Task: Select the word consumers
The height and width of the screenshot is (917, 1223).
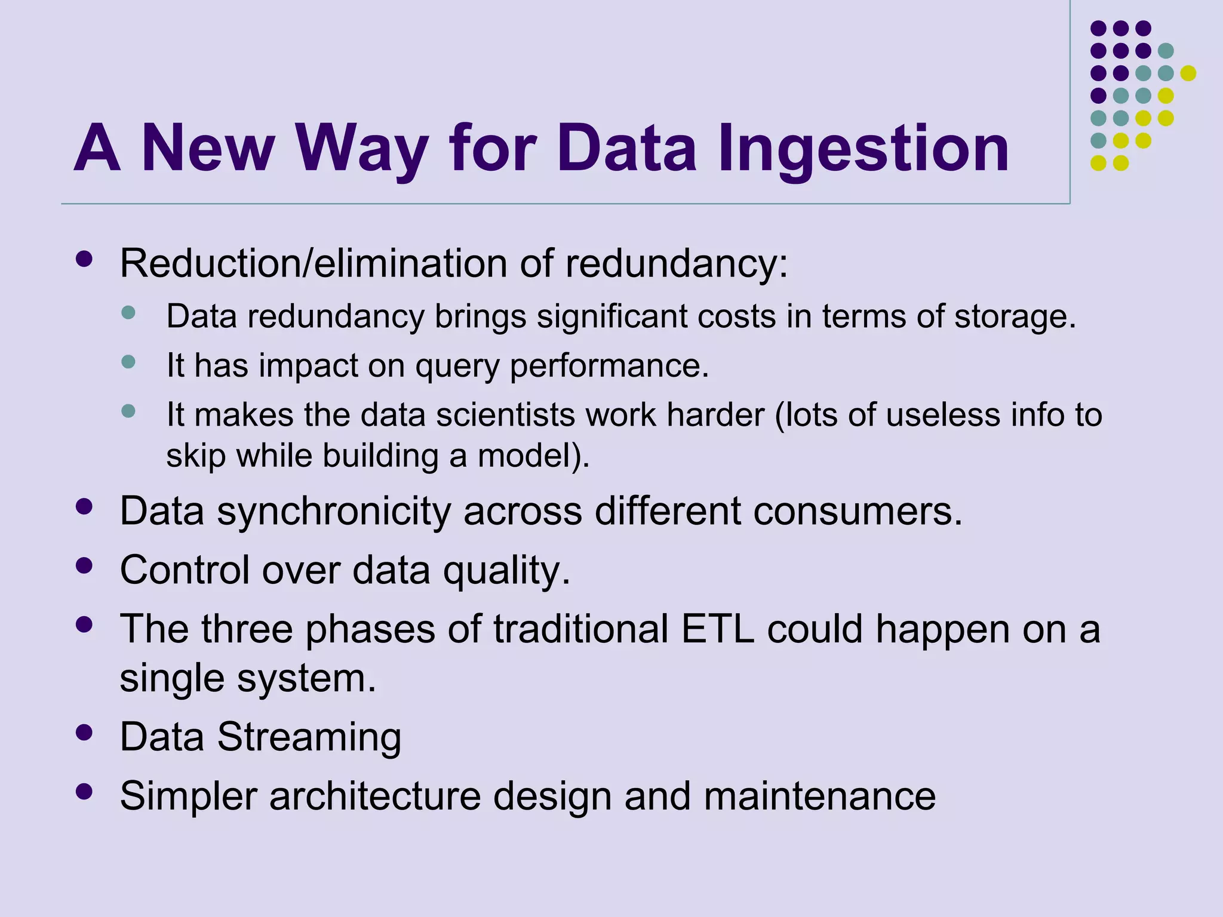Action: (x=858, y=512)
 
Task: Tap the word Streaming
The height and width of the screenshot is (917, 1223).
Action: (x=309, y=737)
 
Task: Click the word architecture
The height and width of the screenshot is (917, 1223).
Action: (x=375, y=796)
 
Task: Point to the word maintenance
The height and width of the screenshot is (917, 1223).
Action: (x=819, y=796)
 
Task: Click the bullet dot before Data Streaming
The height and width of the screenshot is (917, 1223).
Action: (x=84, y=732)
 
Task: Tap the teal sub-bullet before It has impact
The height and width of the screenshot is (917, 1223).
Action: (x=128, y=361)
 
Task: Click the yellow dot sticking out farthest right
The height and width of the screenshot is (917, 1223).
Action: (x=1188, y=73)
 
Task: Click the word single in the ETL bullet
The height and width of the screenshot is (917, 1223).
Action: (x=172, y=679)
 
